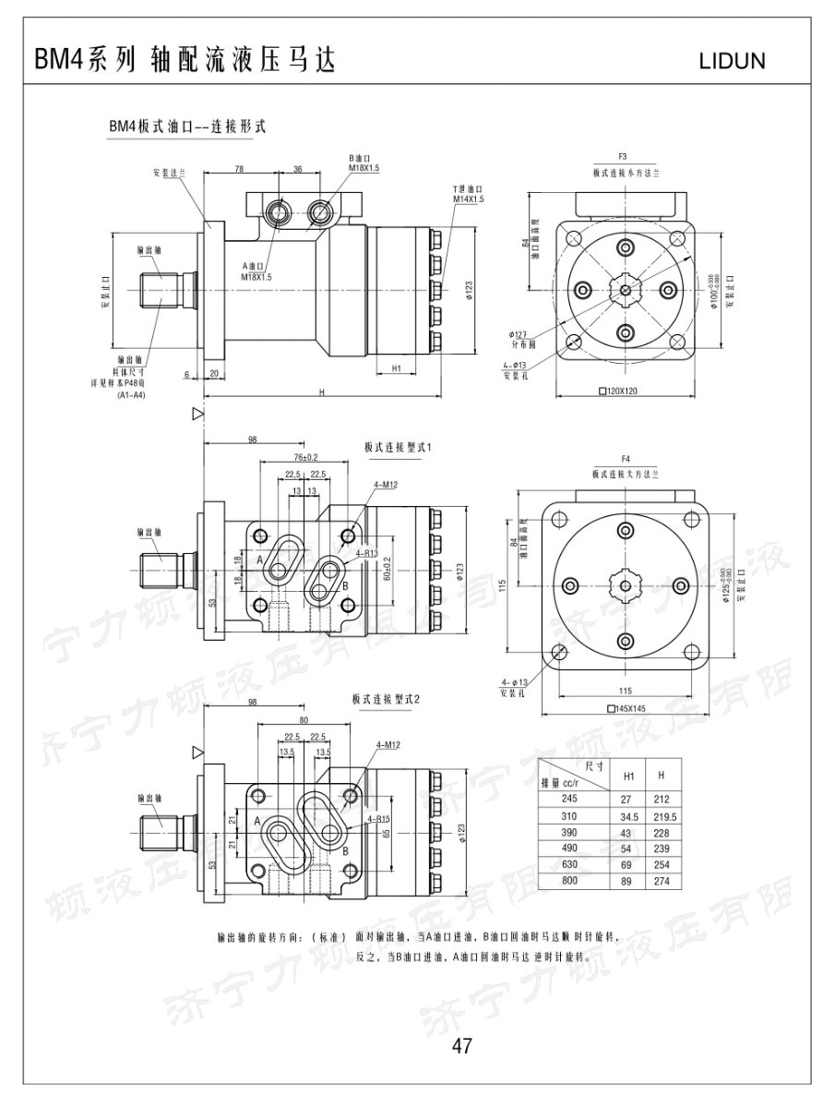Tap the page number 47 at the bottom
462,1045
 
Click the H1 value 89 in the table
629,882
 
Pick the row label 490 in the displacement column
568,849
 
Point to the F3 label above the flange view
623,157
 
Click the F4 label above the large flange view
625,459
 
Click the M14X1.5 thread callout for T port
468,199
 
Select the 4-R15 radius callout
378,818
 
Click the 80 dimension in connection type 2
304,720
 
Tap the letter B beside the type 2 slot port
345,850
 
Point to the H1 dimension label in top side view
395,367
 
